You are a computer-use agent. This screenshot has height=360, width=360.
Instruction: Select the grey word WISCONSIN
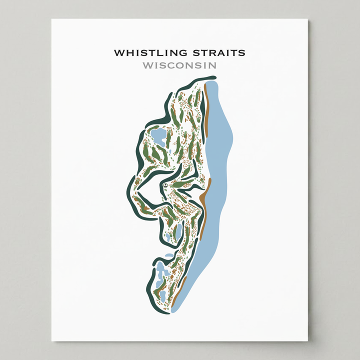click(179, 65)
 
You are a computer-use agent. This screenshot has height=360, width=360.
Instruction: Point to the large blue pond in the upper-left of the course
click(158, 136)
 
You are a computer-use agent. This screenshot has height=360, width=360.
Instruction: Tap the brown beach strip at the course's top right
click(205, 110)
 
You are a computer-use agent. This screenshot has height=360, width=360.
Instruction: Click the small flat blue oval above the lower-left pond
click(169, 255)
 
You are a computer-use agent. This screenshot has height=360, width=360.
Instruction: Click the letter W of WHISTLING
click(118, 52)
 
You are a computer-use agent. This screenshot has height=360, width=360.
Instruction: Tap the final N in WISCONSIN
click(213, 65)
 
